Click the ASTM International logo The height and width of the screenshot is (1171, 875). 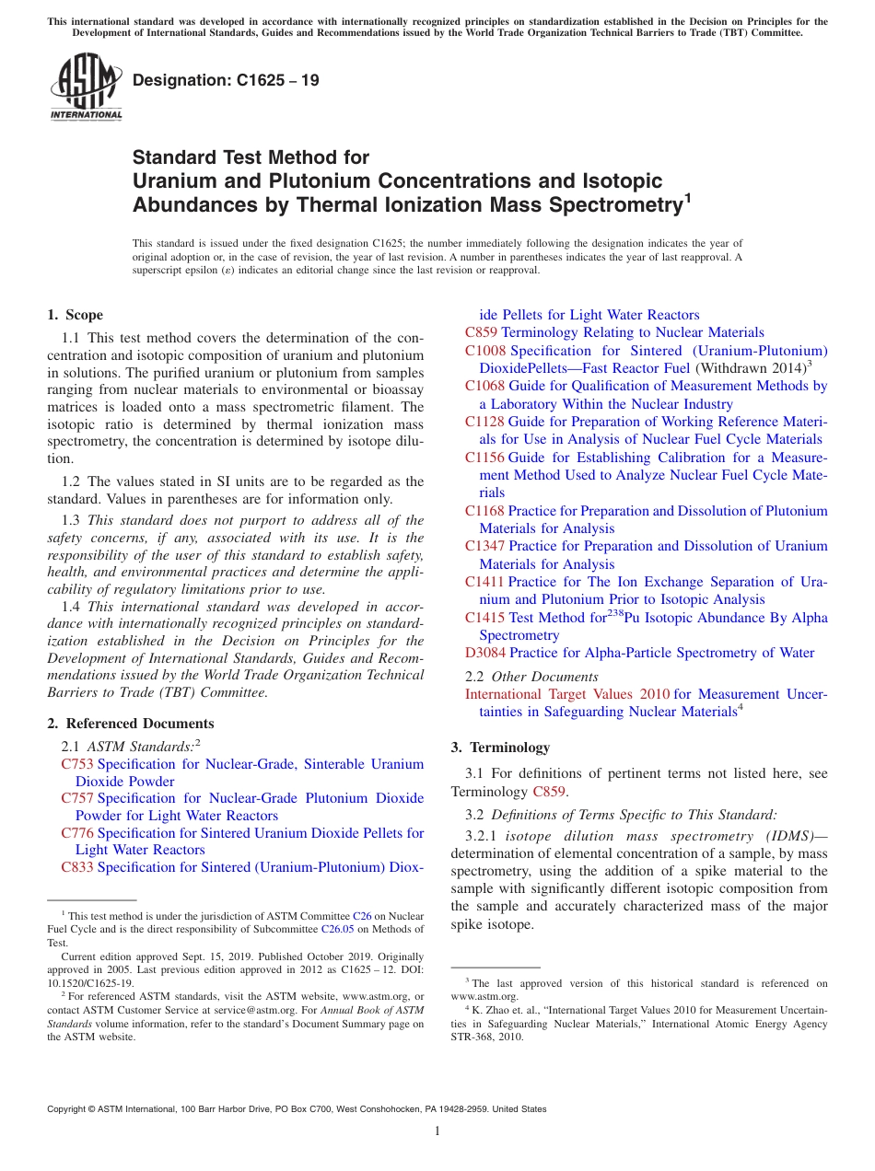pyautogui.click(x=86, y=87)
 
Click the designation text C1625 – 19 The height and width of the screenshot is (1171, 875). pyautogui.click(x=226, y=80)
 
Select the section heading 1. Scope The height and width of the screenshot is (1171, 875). pyautogui.click(x=76, y=315)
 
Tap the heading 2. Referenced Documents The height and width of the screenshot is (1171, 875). pyautogui.click(x=131, y=724)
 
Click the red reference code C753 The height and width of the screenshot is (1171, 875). pyautogui.click(x=77, y=764)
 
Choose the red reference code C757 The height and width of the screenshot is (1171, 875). pyautogui.click(x=77, y=798)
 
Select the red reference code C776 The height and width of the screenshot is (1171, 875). pyautogui.click(x=77, y=833)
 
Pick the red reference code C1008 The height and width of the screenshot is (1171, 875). pyautogui.click(x=485, y=351)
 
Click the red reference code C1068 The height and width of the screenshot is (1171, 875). pyautogui.click(x=485, y=386)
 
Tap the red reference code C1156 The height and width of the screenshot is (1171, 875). pyautogui.click(x=485, y=458)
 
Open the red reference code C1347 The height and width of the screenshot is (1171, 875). pyautogui.click(x=485, y=546)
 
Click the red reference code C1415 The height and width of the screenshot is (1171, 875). pyautogui.click(x=485, y=618)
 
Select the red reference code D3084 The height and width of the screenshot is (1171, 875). pyautogui.click(x=485, y=653)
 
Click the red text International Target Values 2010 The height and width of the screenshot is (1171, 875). pyautogui.click(x=567, y=694)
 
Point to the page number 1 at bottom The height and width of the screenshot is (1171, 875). pyautogui.click(x=437, y=1131)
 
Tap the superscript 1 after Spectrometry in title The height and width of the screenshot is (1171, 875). pyautogui.click(x=687, y=197)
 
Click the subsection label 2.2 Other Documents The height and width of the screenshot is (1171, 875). pyautogui.click(x=519, y=677)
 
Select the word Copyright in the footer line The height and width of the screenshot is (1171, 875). pyautogui.click(x=68, y=1109)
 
